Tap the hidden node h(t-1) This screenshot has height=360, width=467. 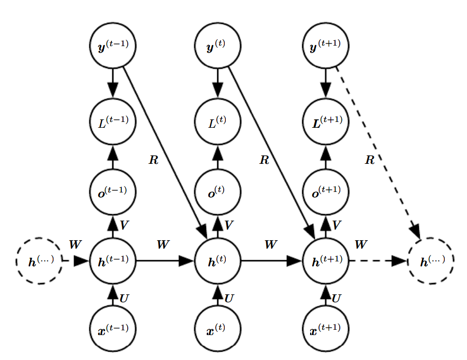click(112, 261)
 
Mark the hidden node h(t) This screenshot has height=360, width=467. click(217, 261)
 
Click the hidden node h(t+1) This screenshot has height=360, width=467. click(325, 261)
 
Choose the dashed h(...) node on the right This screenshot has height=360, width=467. click(431, 261)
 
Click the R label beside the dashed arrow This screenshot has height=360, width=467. click(369, 160)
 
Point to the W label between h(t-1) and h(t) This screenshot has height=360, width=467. click(163, 244)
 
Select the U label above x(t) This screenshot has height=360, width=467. click(229, 298)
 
